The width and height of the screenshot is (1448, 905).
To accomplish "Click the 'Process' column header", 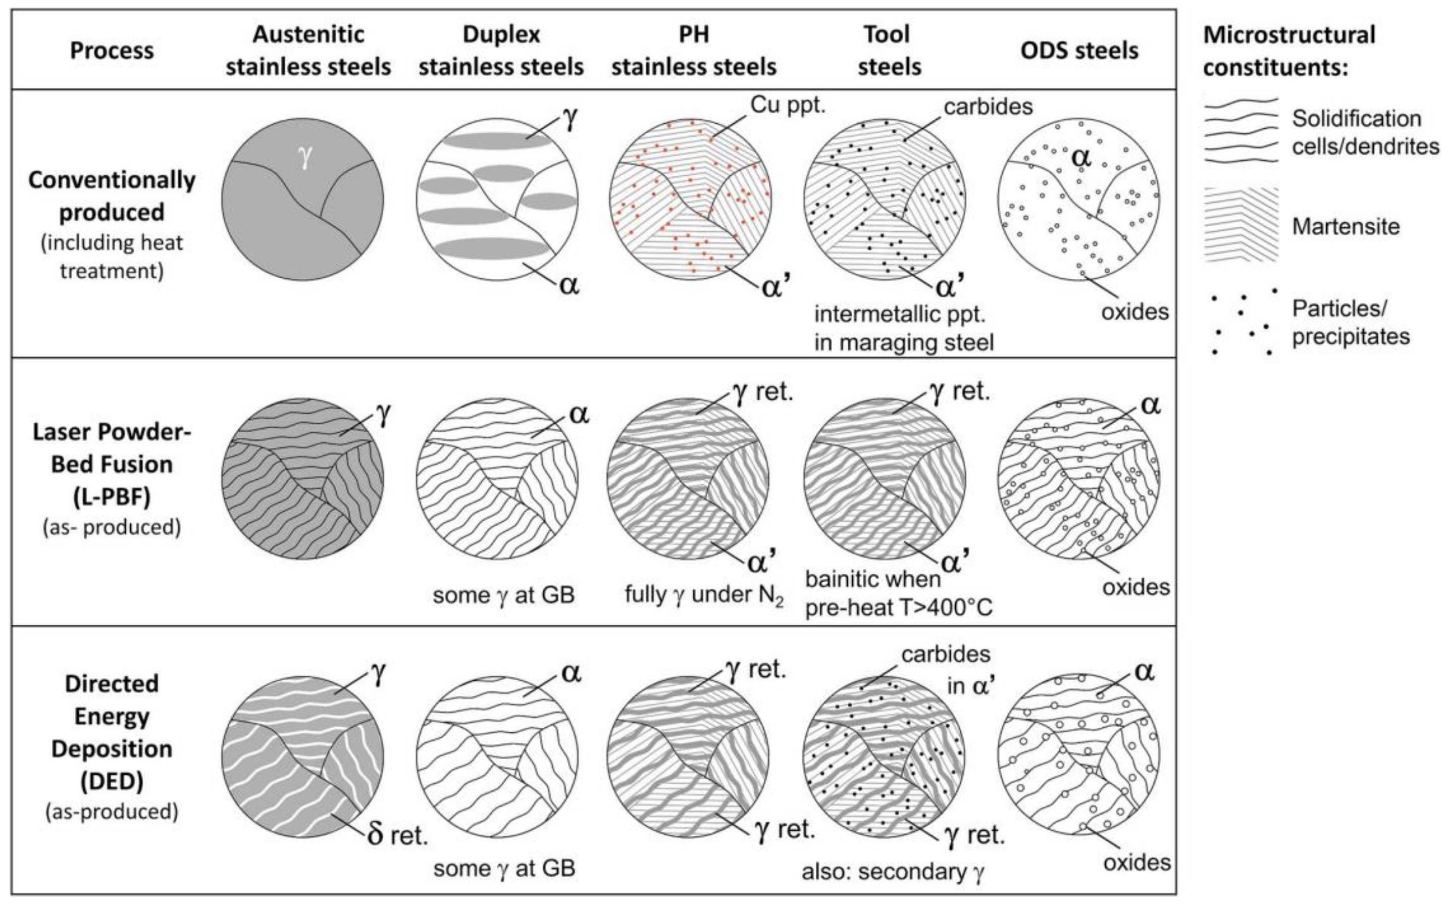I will click(x=112, y=51).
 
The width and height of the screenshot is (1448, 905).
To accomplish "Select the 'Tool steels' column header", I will click(x=888, y=51).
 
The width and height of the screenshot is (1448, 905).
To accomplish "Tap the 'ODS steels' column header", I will click(x=1079, y=51).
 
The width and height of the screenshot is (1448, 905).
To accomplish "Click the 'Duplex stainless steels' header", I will click(x=501, y=51).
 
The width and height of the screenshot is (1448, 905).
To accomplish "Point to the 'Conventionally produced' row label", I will click(x=112, y=196).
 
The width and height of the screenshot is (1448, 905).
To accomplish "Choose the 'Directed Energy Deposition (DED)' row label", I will click(x=112, y=732).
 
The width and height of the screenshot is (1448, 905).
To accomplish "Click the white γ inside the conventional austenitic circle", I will click(x=305, y=158).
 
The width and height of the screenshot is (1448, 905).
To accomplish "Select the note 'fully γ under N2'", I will click(x=704, y=595).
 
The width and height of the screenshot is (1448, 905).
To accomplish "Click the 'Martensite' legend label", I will click(x=1346, y=227).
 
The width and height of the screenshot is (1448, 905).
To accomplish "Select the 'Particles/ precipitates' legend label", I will click(x=1351, y=323).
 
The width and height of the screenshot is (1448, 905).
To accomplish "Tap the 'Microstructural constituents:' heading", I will click(x=1289, y=51).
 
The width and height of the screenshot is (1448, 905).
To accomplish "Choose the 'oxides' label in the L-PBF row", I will click(x=1135, y=587).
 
